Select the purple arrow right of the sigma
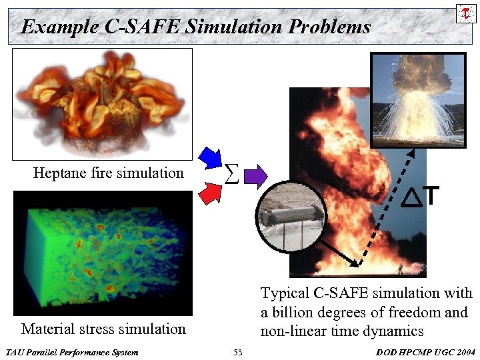point(255,176)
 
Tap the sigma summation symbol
point(230,175)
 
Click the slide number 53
point(238,351)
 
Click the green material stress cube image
point(102,252)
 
